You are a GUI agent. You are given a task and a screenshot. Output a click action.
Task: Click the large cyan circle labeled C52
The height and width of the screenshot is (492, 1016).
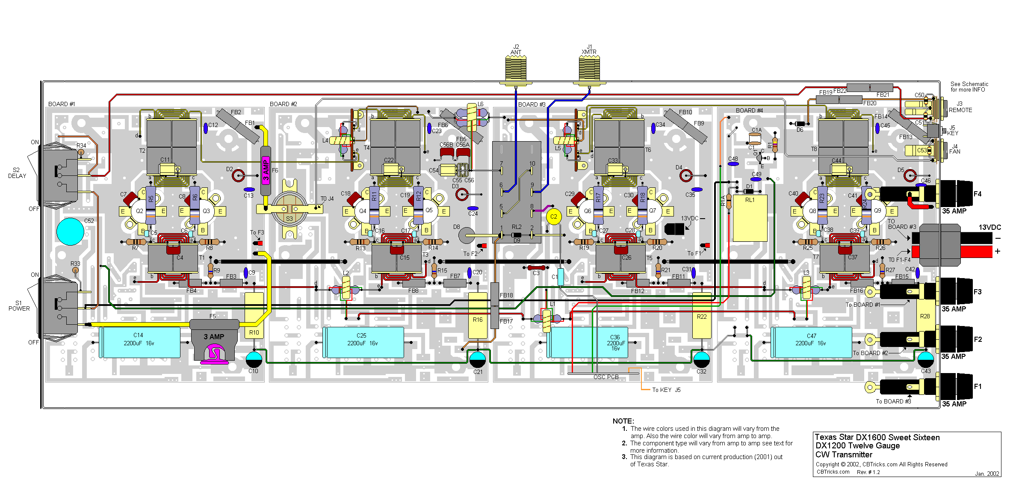pyautogui.click(x=70, y=231)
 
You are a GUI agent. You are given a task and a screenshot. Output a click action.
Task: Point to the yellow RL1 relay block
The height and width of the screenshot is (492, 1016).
pyautogui.click(x=750, y=218)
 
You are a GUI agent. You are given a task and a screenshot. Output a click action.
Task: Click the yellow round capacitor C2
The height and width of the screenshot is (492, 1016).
pyautogui.click(x=554, y=216)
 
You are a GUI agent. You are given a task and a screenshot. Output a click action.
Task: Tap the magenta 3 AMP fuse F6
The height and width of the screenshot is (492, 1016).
pyautogui.click(x=266, y=171)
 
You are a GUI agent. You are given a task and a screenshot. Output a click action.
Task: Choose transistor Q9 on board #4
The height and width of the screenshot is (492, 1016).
pyautogui.click(x=877, y=211)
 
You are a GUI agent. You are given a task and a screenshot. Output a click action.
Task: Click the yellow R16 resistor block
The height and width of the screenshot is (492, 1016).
pyautogui.click(x=478, y=317)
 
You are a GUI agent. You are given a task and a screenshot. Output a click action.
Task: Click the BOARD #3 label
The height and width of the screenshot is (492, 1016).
pyautogui.click(x=532, y=104)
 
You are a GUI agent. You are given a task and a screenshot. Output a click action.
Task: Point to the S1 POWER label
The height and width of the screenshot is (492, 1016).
pyautogui.click(x=19, y=305)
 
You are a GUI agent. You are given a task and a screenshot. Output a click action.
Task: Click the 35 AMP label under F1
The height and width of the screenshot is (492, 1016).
pyautogui.click(x=954, y=404)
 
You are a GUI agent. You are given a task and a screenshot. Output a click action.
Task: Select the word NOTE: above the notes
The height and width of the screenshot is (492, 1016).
pyautogui.click(x=623, y=421)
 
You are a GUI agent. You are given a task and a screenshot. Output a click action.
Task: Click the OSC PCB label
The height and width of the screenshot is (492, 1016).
pyautogui.click(x=606, y=377)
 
